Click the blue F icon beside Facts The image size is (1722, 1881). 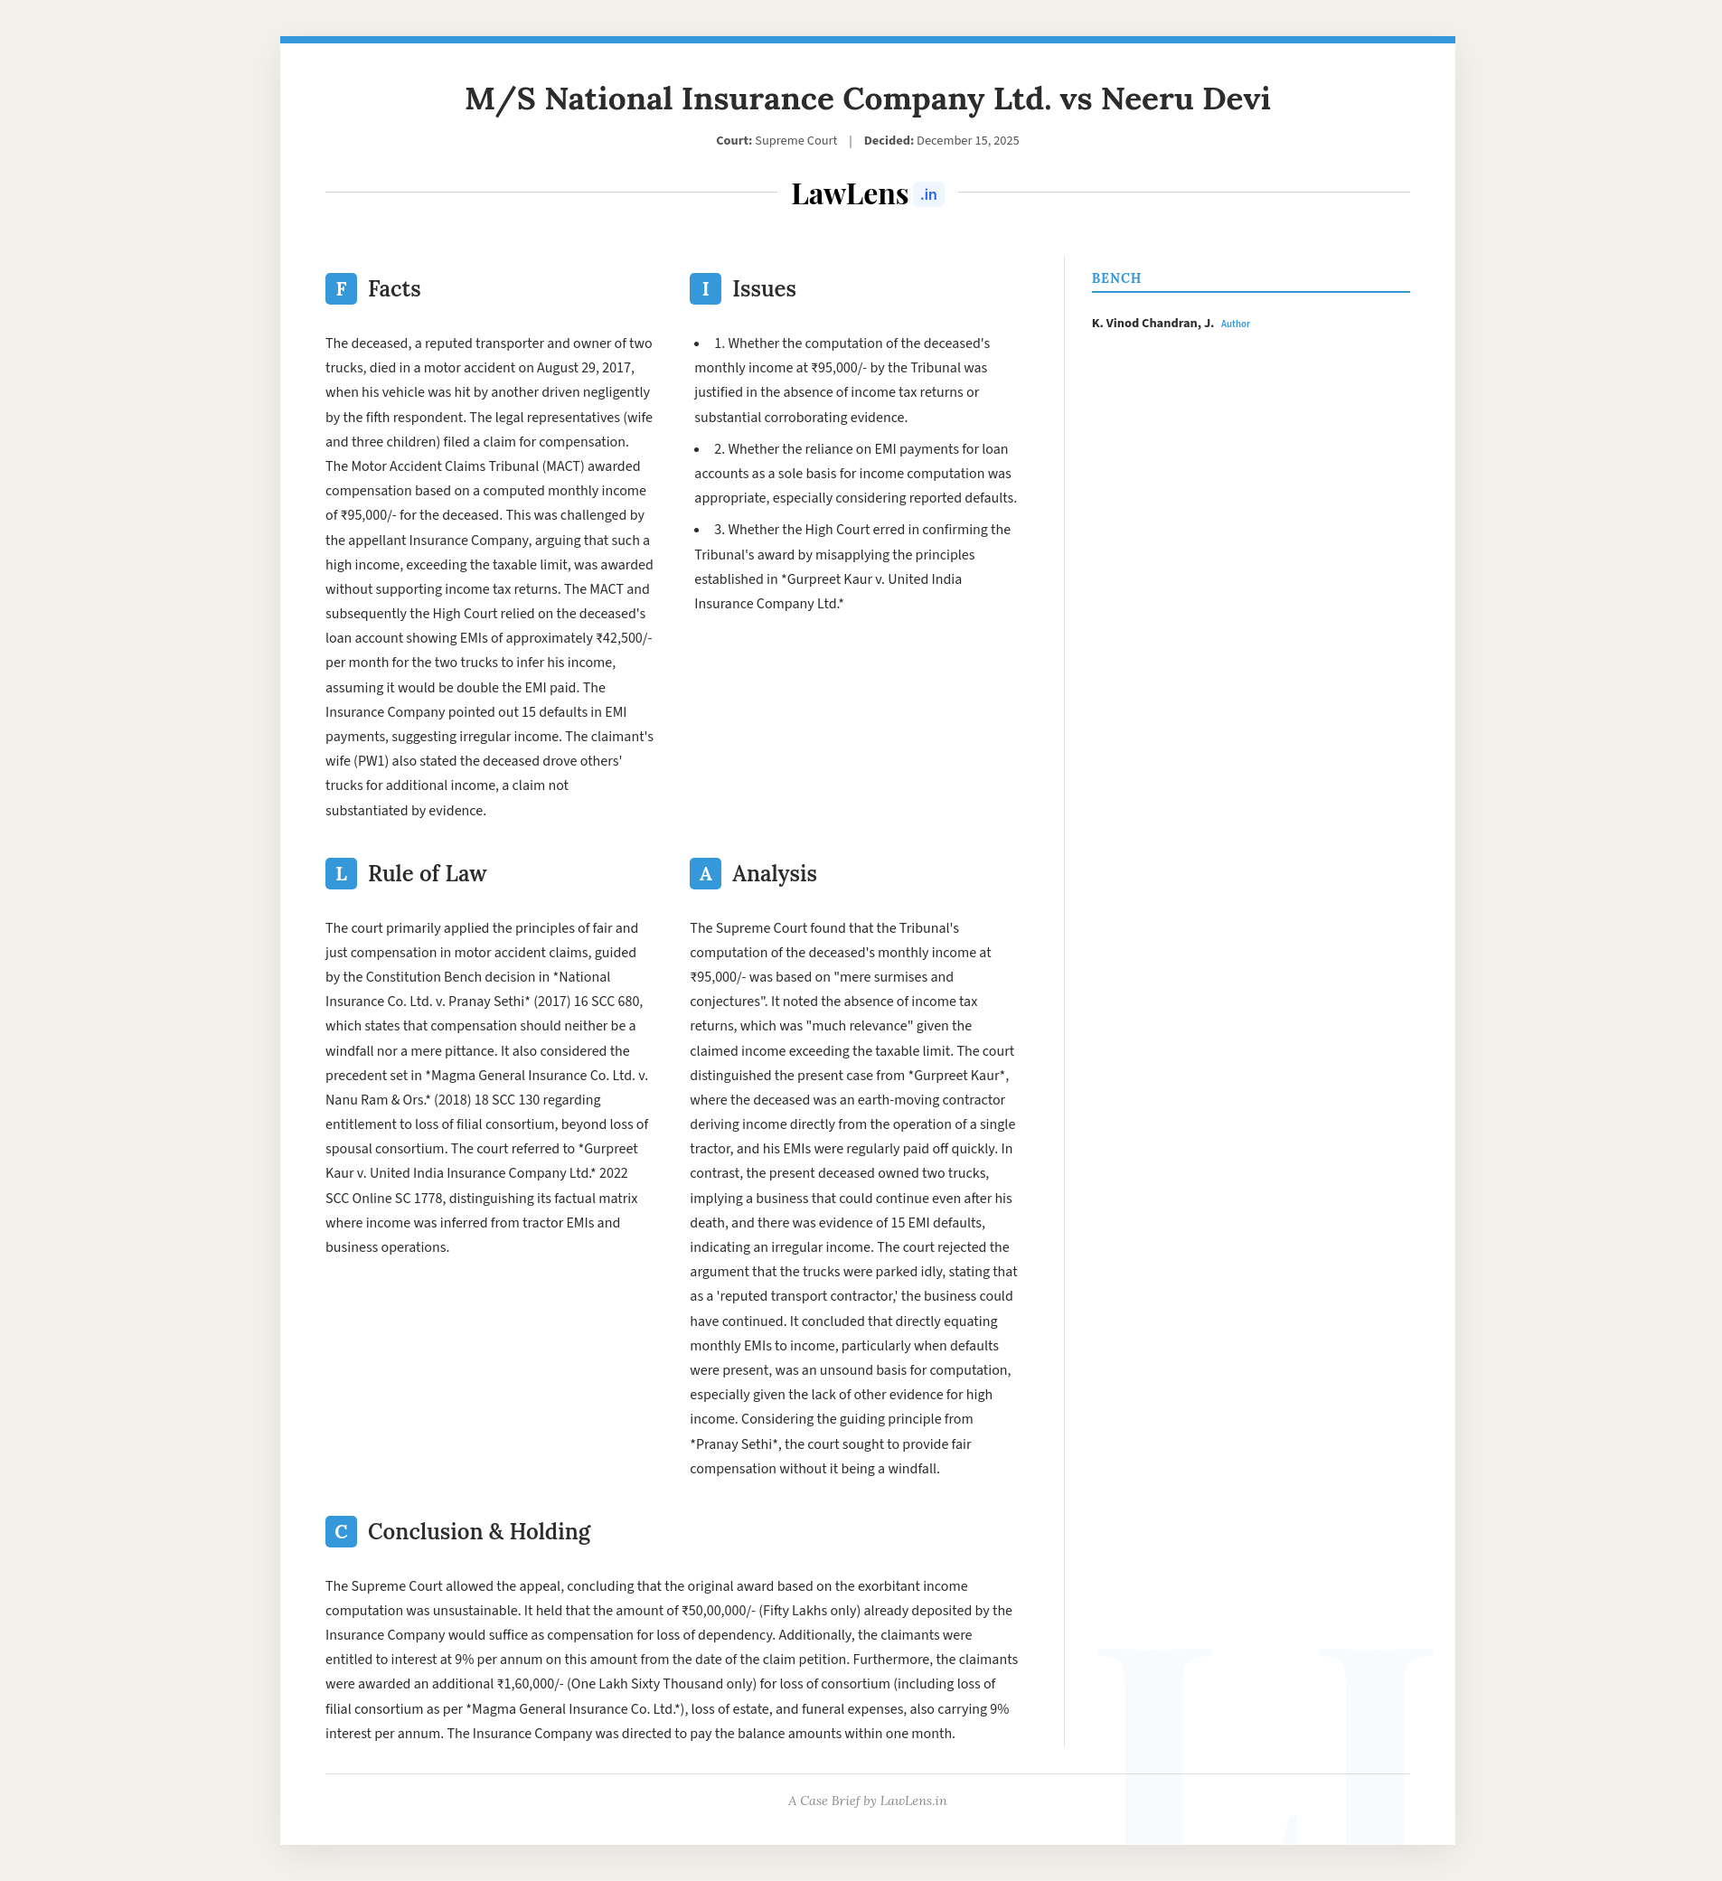pos(341,289)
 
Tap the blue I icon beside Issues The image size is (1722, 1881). pos(705,289)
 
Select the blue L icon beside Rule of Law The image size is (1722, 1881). pos(341,873)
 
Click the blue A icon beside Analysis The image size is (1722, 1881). pos(705,873)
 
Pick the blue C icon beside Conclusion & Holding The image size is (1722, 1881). pos(341,1531)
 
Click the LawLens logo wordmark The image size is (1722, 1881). pos(850,194)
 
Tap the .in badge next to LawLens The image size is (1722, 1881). pos(928,195)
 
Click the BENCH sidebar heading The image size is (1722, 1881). pos(1116,278)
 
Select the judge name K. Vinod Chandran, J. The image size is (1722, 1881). pos(1153,324)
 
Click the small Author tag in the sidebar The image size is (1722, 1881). pos(1235,324)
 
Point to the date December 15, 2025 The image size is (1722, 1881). pos(967,141)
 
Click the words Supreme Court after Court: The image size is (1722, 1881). pos(795,141)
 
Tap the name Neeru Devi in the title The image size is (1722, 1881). pos(1185,99)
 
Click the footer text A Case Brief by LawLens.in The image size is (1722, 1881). pos(867,1801)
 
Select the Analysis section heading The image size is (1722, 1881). pos(774,873)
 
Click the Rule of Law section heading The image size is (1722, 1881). pos(427,873)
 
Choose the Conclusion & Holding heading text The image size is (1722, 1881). pos(479,1531)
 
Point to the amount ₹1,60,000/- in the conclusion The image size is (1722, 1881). pos(529,1684)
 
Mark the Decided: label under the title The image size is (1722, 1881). pos(888,141)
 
